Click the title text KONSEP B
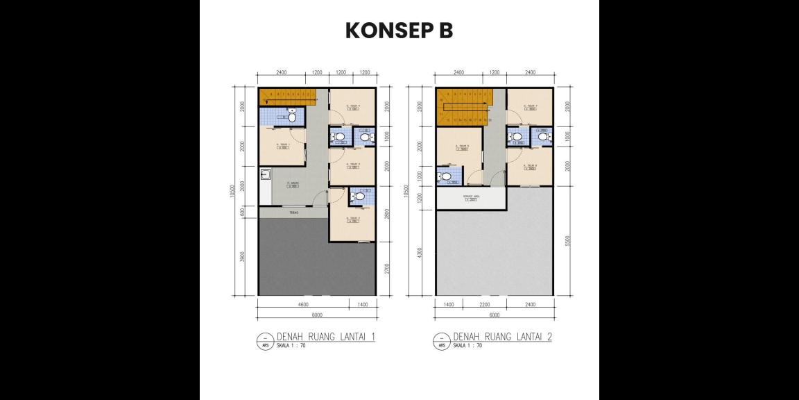point(399,31)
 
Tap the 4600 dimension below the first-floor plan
point(303,304)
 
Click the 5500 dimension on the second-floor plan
point(567,240)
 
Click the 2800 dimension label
point(387,214)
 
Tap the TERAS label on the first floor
point(294,212)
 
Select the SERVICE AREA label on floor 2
point(471,198)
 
